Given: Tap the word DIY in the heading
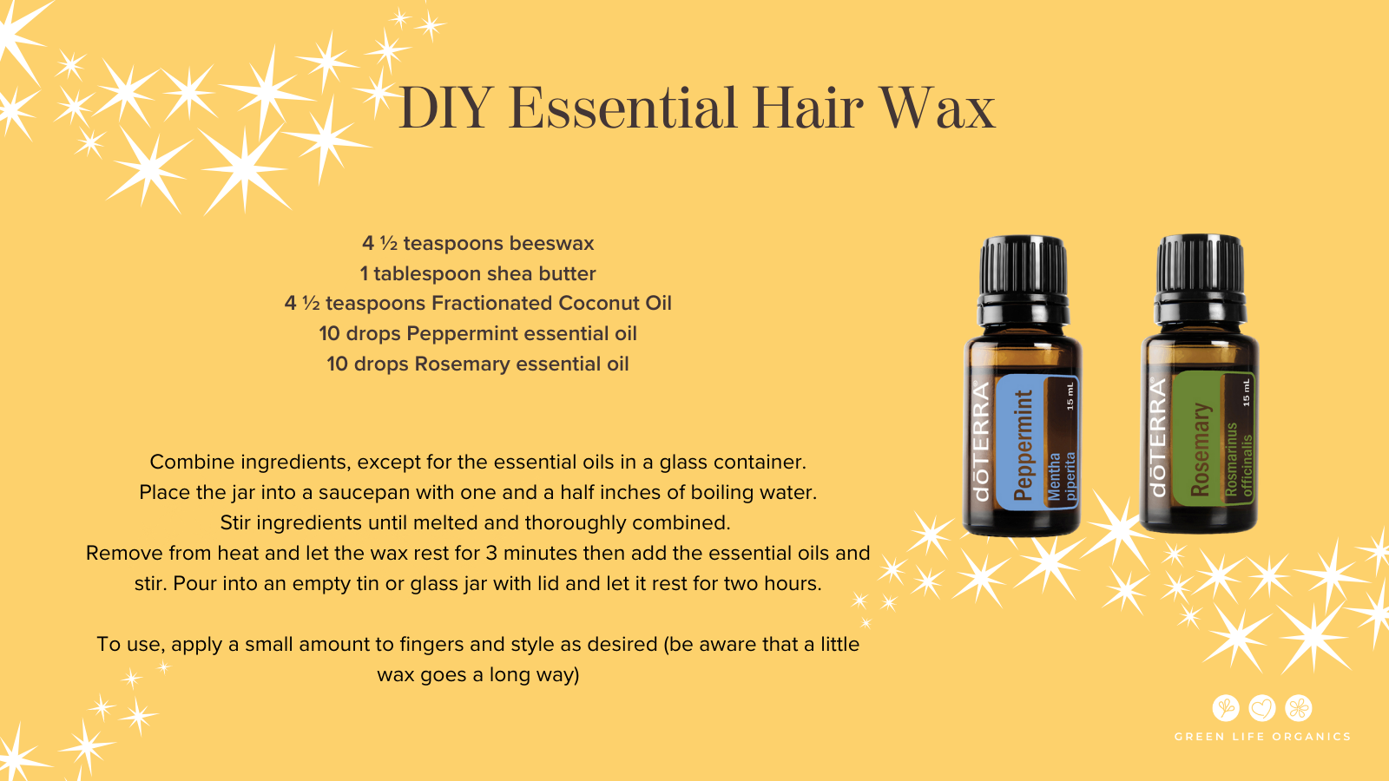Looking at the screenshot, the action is (445, 108).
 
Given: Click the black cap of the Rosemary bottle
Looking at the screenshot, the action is (1200, 279).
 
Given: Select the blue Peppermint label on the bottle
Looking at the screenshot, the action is (1037, 442).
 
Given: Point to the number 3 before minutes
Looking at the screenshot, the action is (491, 553).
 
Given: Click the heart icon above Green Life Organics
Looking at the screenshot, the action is (1262, 708).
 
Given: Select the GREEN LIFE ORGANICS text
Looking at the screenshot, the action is (1262, 737).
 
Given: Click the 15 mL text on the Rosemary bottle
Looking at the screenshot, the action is (1246, 392).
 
